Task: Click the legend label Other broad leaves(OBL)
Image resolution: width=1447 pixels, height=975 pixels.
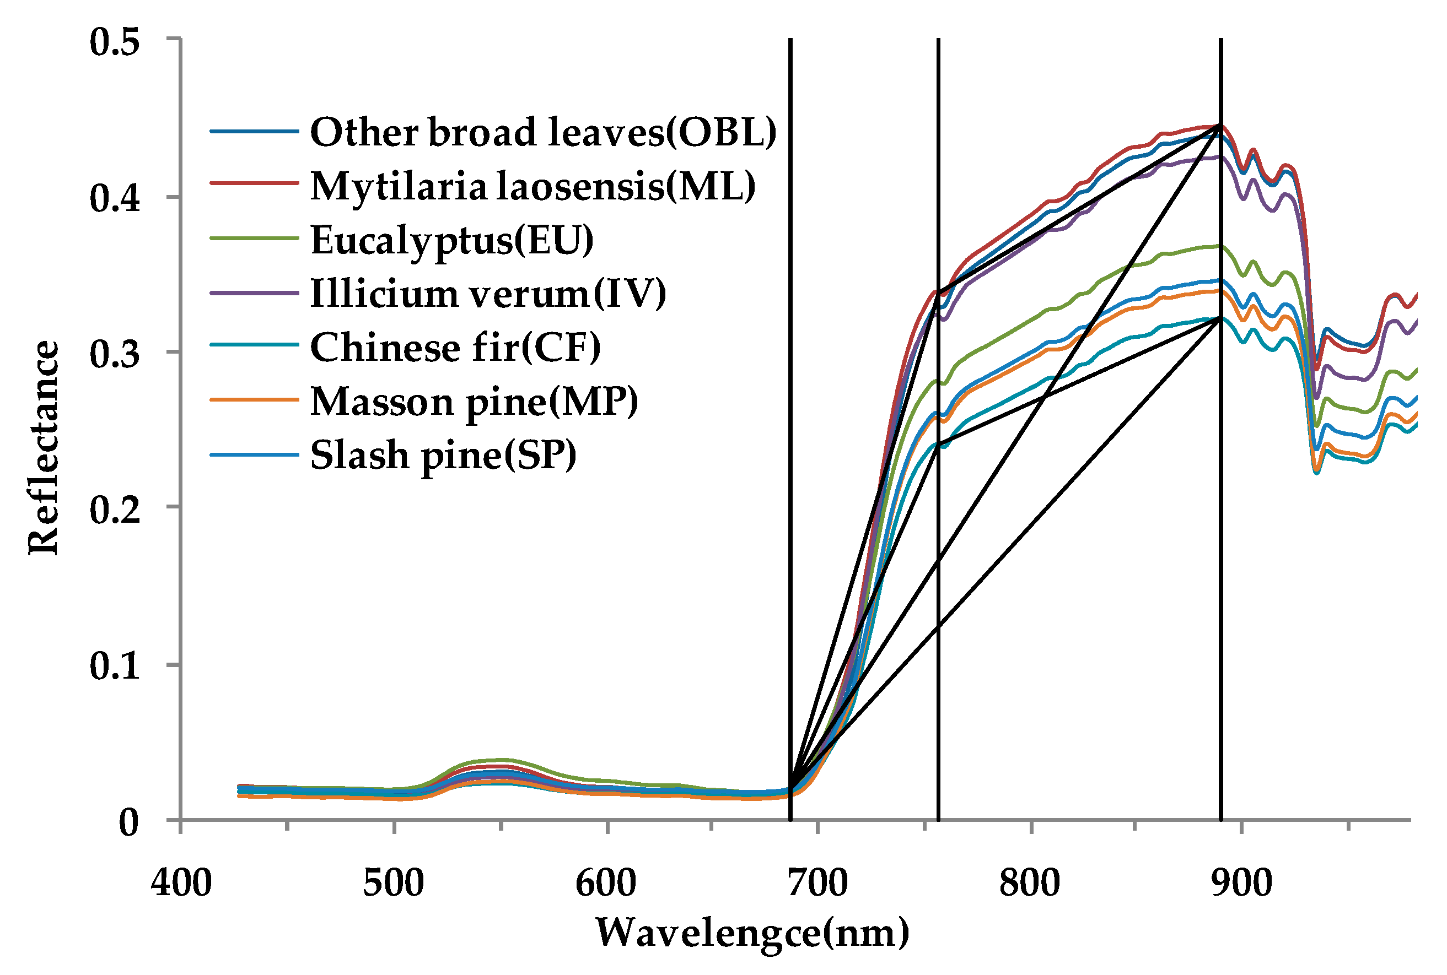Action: pos(543,132)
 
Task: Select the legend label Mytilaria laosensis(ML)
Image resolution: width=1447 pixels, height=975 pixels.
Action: pos(532,186)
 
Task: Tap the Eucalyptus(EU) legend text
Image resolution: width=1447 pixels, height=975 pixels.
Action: pos(451,240)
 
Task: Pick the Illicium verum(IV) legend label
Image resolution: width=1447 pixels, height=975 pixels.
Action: pos(488,294)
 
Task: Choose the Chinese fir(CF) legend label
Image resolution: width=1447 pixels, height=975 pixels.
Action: pos(455,347)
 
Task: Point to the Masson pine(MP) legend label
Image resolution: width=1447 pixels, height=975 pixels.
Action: pos(474,401)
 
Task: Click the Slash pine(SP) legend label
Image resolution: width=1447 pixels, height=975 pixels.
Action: pos(443,455)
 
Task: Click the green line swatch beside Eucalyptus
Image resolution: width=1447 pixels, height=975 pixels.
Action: pos(255,239)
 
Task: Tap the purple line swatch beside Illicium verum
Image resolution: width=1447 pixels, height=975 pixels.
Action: pos(255,293)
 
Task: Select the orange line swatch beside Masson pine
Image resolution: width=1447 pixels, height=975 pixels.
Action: pos(255,400)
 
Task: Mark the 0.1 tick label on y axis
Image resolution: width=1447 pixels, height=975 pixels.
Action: pos(115,666)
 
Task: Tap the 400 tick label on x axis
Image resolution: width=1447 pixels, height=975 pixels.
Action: pos(181,882)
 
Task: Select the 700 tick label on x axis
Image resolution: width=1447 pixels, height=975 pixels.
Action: pos(817,882)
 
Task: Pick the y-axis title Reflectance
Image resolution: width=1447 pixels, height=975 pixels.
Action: pos(44,447)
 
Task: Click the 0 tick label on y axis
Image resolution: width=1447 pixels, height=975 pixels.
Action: pos(129,822)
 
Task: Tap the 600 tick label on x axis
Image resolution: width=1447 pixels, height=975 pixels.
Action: pos(606,882)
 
